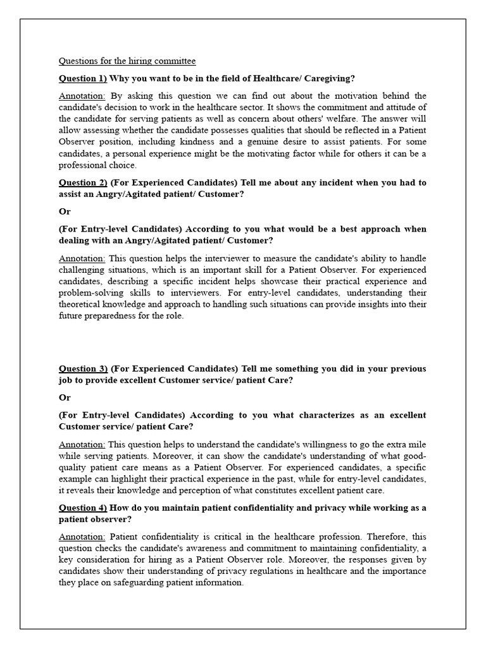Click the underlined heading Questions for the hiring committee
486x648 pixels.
[x=127, y=61]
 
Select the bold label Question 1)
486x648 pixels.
[x=83, y=78]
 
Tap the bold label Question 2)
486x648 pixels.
[x=83, y=182]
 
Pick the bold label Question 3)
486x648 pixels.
[x=83, y=368]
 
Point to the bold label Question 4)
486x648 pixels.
[x=83, y=508]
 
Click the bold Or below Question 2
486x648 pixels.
[x=65, y=211]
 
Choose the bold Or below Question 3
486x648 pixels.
[x=65, y=397]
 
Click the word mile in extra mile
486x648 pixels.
[x=418, y=444]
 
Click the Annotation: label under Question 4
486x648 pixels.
[x=82, y=537]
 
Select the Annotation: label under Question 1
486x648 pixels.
[x=82, y=96]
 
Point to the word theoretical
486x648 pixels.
[x=84, y=304]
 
